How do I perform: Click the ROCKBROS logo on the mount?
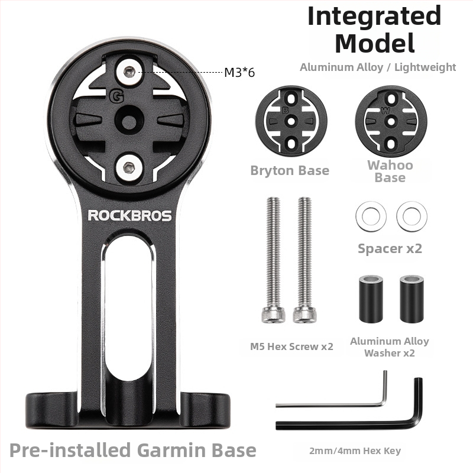pos(129,216)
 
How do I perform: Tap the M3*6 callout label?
pos(239,72)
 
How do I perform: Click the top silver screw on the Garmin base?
pos(129,71)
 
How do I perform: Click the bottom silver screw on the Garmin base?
pos(129,166)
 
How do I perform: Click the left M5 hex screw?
pos(273,260)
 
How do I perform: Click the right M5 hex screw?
pos(304,260)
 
